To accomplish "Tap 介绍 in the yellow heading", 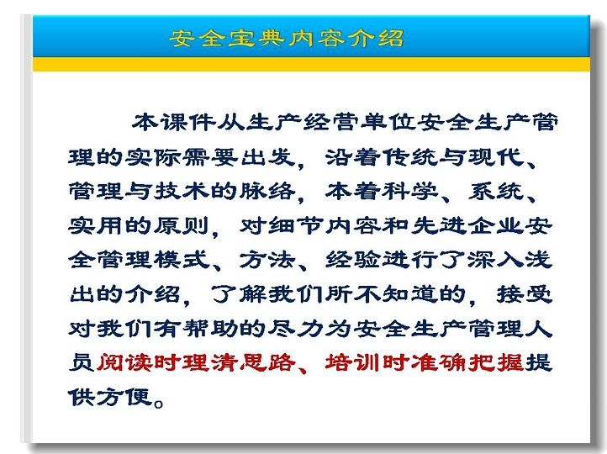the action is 375,39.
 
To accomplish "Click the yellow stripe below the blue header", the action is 311,64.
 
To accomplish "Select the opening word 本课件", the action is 173,122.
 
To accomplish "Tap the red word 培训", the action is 354,362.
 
